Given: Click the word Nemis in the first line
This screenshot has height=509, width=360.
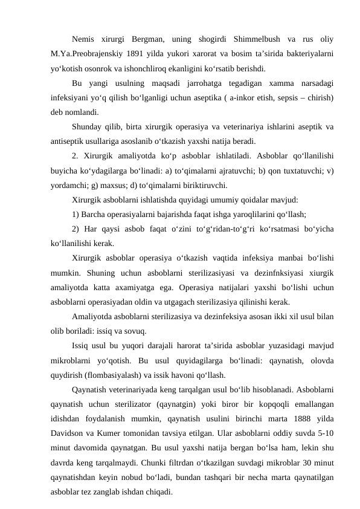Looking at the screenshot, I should click(85, 40).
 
